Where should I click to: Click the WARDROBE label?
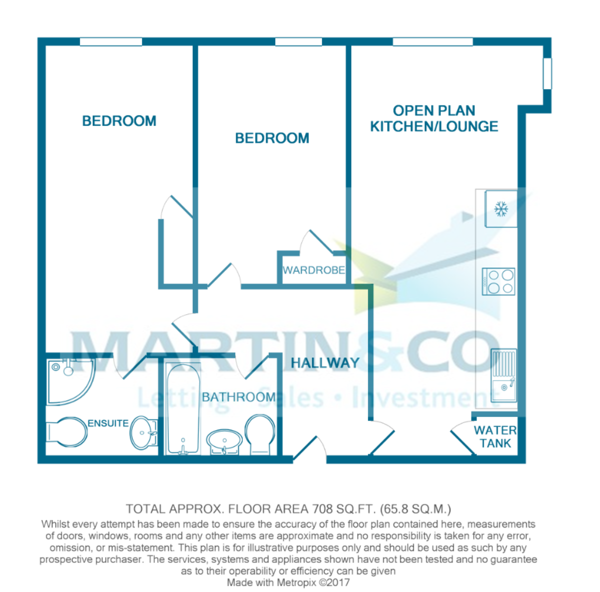click(313, 270)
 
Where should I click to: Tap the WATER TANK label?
click(495, 437)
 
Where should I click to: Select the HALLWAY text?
click(325, 363)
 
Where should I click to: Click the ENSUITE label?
click(108, 423)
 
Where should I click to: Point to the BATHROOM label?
click(238, 397)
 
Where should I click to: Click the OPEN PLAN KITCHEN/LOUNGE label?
click(434, 118)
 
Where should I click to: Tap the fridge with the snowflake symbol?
click(500, 209)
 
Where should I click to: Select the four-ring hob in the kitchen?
click(498, 281)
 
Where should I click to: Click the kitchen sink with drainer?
click(503, 375)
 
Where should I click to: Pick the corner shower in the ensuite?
click(68, 380)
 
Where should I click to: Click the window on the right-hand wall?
click(548, 74)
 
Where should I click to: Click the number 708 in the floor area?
click(323, 509)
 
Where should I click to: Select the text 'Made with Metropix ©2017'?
click(288, 583)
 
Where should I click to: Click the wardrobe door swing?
click(316, 243)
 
